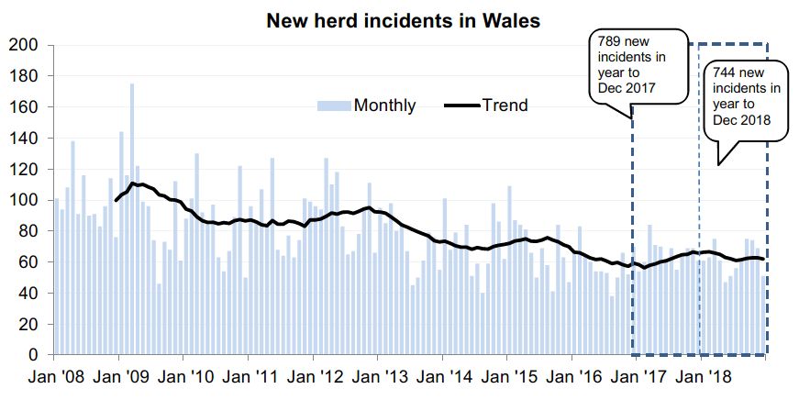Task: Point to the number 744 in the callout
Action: point(724,72)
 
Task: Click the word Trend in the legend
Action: point(505,106)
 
